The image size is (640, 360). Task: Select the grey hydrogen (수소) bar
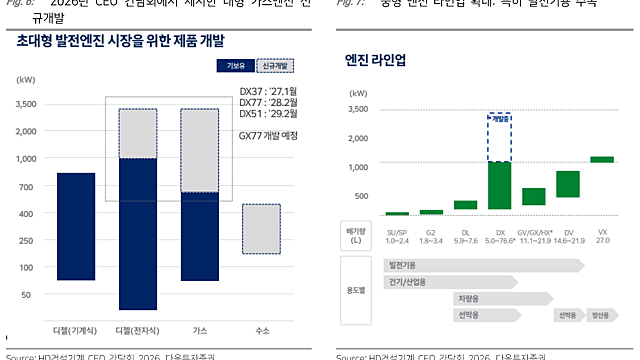click(261, 228)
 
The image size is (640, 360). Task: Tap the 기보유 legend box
click(232, 66)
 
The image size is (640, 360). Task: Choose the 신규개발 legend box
click(275, 66)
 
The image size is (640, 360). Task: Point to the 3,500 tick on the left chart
click(27, 102)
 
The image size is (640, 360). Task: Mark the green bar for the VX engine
click(601, 158)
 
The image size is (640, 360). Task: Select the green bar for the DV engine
click(568, 184)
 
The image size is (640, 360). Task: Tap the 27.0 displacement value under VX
click(602, 241)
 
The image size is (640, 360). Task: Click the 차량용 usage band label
click(466, 298)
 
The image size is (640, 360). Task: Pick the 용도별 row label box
click(357, 290)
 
